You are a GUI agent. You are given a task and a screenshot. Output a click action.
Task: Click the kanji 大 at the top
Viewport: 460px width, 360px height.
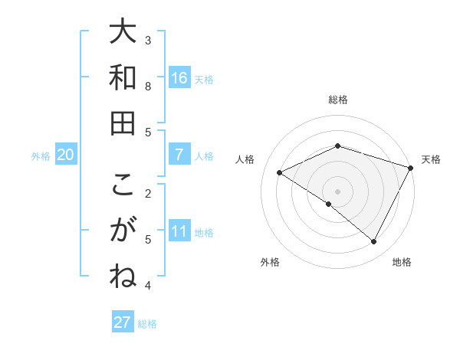[123, 32]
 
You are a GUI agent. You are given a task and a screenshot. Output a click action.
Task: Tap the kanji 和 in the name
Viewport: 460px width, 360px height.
[123, 77]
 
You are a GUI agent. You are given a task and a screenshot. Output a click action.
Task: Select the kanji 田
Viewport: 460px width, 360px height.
[123, 123]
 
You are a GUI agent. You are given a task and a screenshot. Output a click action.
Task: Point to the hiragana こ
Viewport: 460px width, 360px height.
[123, 186]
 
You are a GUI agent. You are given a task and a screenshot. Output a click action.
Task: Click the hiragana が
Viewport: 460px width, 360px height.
[123, 231]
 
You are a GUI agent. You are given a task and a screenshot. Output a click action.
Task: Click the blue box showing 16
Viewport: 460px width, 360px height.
[179, 78]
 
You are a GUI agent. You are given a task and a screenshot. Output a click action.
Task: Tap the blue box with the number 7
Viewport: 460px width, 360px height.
[179, 155]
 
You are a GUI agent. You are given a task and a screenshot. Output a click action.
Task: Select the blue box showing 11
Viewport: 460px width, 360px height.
[179, 232]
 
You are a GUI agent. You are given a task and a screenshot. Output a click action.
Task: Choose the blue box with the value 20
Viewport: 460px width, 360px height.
[65, 155]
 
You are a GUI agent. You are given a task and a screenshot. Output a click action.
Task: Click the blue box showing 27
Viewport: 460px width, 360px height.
[122, 322]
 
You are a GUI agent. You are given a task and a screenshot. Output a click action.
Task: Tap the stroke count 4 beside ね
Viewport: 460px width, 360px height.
[148, 286]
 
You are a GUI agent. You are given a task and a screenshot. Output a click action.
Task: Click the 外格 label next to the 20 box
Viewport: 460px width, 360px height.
[41, 156]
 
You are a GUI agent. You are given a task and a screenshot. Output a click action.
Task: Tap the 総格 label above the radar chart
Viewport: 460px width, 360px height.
[337, 100]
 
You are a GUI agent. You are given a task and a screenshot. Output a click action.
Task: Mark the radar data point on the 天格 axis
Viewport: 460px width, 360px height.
[411, 168]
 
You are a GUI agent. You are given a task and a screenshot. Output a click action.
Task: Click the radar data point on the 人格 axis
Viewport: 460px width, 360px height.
[279, 173]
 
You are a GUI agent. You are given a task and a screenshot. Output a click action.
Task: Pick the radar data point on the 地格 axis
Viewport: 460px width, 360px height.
[374, 242]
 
